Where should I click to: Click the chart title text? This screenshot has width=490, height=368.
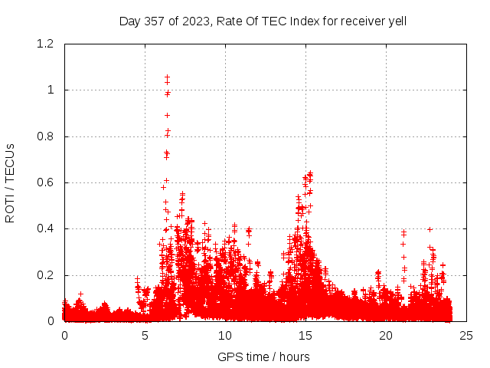coord(263,21)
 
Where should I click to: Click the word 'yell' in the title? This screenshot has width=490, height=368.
coord(396,21)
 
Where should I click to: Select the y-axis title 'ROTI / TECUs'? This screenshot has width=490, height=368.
coord(10,182)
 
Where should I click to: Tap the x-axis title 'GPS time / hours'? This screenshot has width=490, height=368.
coord(263,356)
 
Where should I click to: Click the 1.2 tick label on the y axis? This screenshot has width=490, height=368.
coord(47,44)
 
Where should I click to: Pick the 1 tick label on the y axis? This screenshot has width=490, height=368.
coord(51,90)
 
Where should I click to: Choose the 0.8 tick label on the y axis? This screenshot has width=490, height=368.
coord(47,136)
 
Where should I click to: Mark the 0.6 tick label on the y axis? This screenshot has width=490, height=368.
coord(47,182)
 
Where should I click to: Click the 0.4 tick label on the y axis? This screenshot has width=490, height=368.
coord(47,228)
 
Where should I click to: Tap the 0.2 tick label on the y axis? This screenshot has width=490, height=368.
coord(47,275)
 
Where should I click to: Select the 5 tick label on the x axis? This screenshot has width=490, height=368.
coord(145,336)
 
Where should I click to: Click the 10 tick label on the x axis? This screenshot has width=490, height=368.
coord(225,336)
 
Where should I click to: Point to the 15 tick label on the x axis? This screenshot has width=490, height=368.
coord(305,336)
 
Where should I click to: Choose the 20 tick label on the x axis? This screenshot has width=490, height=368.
coord(386,336)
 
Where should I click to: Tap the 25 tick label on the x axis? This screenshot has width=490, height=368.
coord(466,336)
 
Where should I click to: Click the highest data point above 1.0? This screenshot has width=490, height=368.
coord(167,77)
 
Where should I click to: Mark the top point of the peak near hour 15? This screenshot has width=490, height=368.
coord(310,173)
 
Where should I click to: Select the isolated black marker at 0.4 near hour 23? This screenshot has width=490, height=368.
coord(430,229)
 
